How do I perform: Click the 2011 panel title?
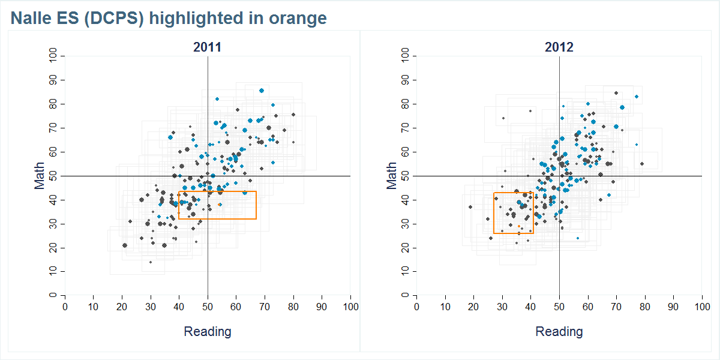tap(207, 47)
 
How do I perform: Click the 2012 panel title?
tap(559, 47)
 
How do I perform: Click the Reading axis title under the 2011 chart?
tap(207, 331)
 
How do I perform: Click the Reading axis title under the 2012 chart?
tap(559, 331)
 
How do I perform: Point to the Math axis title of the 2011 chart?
tap(40, 176)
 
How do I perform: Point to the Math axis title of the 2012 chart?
tap(391, 176)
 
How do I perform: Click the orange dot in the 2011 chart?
tap(220, 205)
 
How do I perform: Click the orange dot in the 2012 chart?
tap(519, 226)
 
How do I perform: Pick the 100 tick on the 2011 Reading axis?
tap(350, 307)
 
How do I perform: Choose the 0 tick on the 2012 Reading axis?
tap(417, 307)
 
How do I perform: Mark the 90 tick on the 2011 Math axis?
tap(53, 80)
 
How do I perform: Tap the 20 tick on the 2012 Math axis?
tap(405, 248)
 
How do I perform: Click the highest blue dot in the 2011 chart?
tap(262, 91)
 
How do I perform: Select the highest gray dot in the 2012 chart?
tap(616, 93)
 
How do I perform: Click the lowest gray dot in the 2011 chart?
tap(151, 262)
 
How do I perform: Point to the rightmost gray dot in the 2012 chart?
tap(641, 164)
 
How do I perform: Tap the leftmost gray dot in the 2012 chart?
tap(470, 207)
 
